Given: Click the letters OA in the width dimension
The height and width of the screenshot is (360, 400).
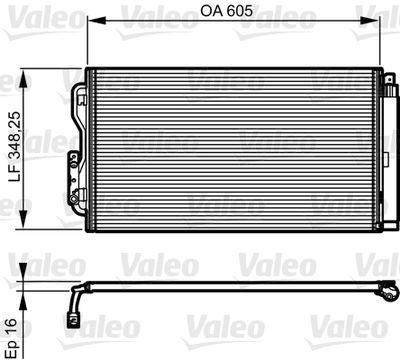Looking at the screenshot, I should click(x=214, y=12).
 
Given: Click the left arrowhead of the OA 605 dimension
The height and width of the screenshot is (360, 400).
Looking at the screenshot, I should click(x=92, y=21).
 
